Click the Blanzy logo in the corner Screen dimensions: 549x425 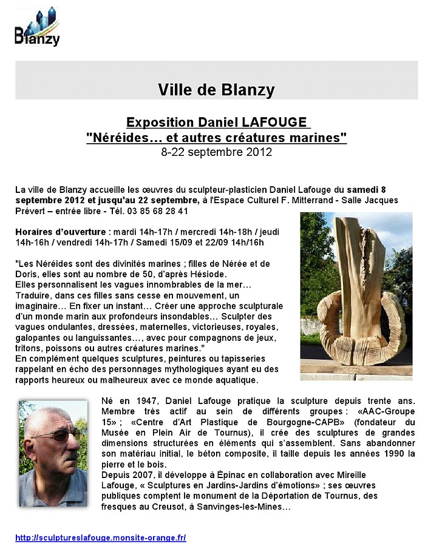pyautogui.click(x=37, y=29)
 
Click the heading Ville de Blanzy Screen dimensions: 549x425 pyautogui.click(x=216, y=90)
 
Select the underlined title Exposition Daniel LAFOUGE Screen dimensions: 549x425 pyautogui.click(x=217, y=123)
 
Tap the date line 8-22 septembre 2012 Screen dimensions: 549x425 pyautogui.click(x=217, y=152)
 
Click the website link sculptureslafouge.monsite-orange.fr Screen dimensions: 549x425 pyautogui.click(x=101, y=537)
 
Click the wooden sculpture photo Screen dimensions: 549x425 pyautogui.click(x=356, y=296)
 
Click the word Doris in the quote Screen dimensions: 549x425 pyautogui.click(x=26, y=274)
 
